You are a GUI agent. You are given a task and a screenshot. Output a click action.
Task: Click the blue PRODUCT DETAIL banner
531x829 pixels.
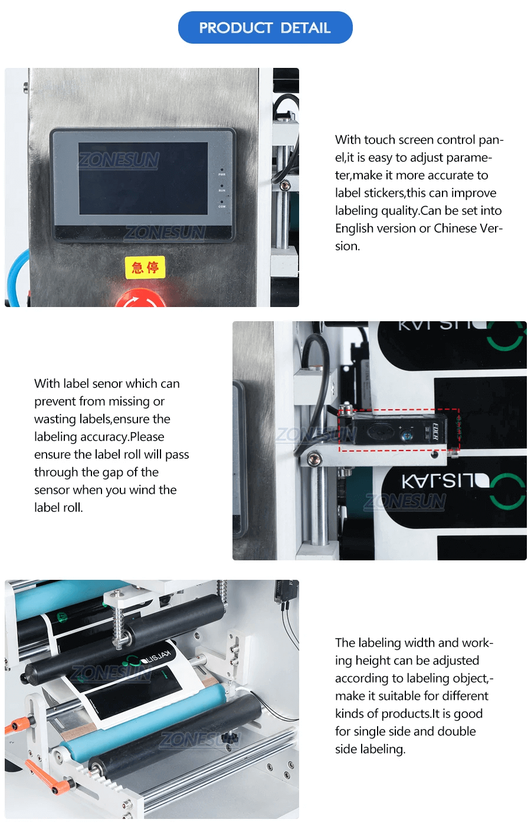point(265,28)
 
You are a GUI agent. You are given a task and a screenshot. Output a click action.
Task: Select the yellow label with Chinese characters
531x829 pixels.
point(145,267)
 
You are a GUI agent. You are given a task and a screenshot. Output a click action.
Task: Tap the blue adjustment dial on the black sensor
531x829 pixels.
point(407,435)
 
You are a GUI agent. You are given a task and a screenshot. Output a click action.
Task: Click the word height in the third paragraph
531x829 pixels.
point(375,661)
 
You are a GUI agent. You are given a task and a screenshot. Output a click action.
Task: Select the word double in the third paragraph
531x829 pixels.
point(456,732)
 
